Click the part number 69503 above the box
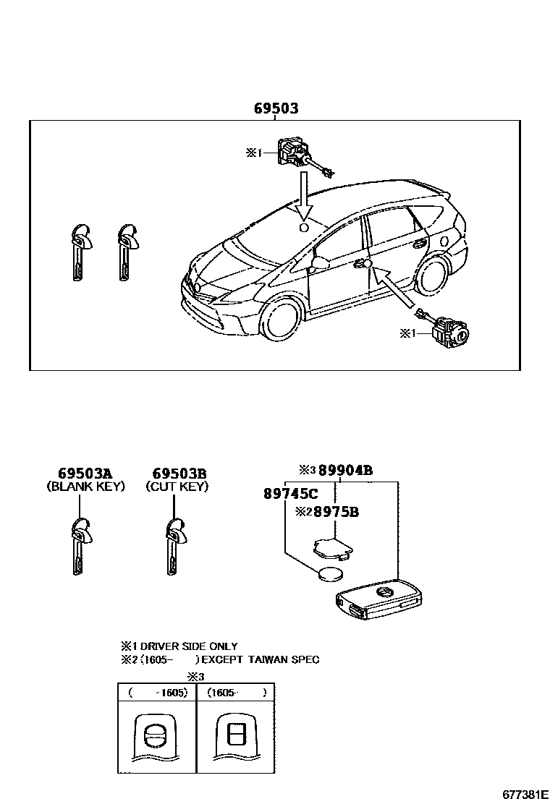tap(276, 108)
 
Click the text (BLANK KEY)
tap(85, 487)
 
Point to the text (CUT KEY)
tap(177, 487)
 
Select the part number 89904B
tap(345, 470)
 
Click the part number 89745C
tap(290, 494)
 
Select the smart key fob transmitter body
tap(377, 600)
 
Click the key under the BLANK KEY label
tap(79, 546)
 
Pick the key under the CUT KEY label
tap(173, 546)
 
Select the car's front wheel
tap(279, 318)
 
